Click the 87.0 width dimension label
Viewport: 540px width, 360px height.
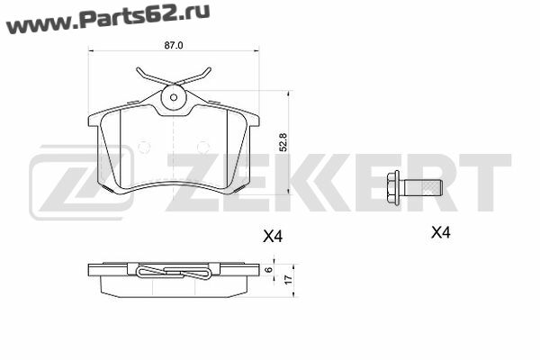coord(174,45)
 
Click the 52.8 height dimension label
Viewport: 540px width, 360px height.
coord(283,142)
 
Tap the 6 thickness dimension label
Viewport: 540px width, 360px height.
coord(269,270)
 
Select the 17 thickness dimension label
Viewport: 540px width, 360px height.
coord(289,278)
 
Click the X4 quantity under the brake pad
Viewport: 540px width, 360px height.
coord(273,237)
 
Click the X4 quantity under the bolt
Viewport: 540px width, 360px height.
coord(441,233)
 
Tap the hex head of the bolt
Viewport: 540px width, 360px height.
coord(393,188)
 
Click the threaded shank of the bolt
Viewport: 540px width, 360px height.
coord(423,188)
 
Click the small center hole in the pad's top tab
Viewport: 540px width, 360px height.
coord(174,97)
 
